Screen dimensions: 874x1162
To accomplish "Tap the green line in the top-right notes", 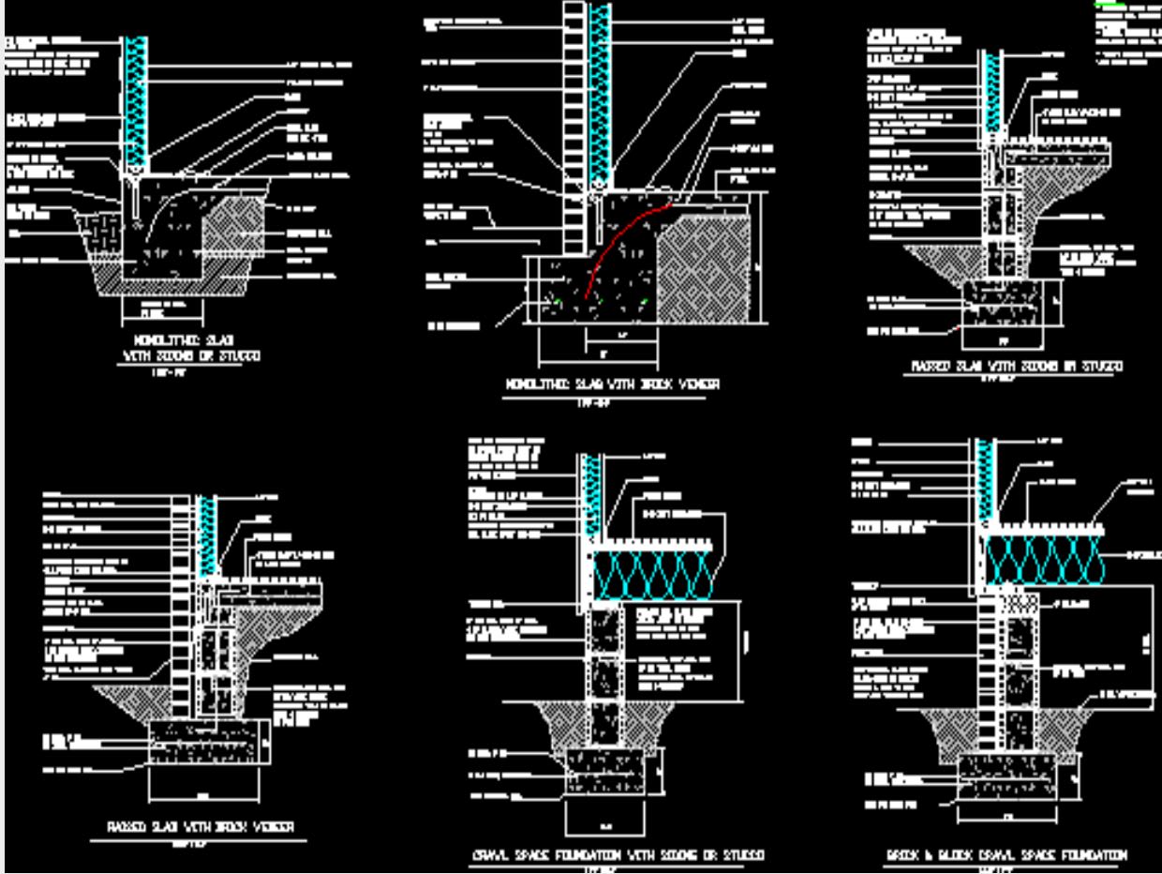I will pos(1111,6).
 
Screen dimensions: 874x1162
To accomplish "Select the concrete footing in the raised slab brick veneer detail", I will pos(208,741).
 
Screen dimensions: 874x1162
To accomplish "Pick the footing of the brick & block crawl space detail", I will pos(1007,778).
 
